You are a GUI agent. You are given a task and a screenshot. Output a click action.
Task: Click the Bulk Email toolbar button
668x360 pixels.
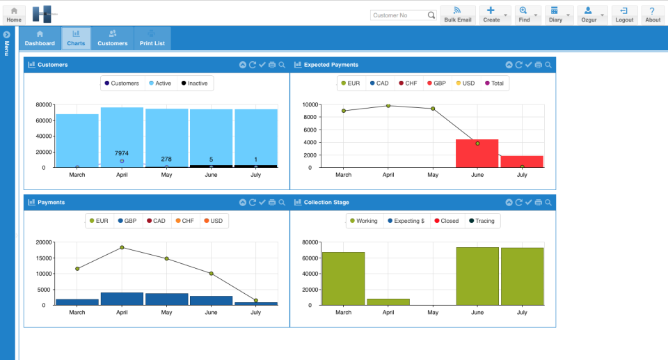point(457,15)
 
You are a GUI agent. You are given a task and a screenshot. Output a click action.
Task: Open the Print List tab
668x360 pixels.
point(151,38)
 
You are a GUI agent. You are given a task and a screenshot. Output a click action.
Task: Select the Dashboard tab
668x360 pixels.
point(40,38)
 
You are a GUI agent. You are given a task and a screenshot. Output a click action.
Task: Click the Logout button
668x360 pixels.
point(624,15)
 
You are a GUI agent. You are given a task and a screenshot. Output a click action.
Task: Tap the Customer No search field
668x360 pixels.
point(398,15)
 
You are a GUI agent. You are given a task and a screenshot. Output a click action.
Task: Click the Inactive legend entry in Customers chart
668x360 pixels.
point(193,84)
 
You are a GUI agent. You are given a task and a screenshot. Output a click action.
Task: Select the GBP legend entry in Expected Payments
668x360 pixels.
point(436,84)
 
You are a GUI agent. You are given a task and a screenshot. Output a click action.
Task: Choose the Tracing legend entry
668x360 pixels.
point(481,221)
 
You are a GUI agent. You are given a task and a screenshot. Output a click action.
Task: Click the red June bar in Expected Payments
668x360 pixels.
point(477,154)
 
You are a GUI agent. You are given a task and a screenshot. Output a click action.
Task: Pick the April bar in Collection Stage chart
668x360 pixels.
point(388,302)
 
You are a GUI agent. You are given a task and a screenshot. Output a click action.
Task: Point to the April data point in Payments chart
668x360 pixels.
point(122,247)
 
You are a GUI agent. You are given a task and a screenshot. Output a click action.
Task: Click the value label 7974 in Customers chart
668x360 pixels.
point(122,153)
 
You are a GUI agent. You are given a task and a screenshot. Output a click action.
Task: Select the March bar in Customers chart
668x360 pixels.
point(77,139)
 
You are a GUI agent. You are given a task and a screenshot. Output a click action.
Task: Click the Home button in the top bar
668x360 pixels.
point(14,15)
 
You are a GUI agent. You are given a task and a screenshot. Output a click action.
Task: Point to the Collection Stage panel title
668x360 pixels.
point(326,203)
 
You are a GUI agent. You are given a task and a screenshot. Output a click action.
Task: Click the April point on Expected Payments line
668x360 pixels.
point(388,106)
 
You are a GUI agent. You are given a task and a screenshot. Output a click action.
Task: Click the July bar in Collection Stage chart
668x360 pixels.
point(522,276)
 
